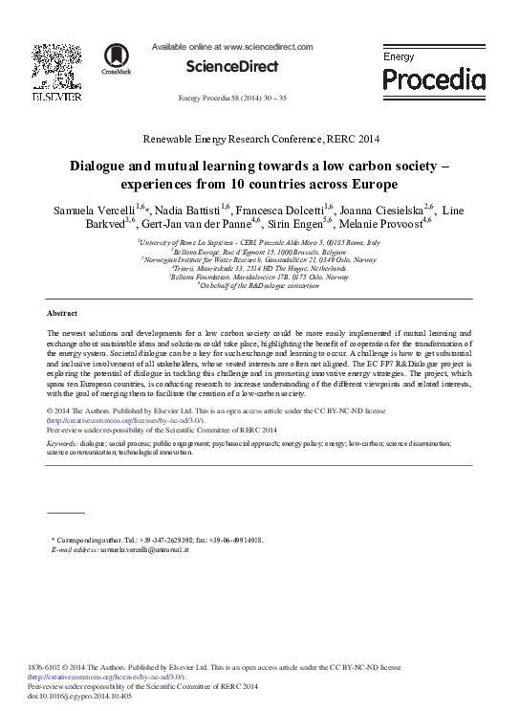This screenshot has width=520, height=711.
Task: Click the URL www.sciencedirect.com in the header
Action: pyautogui.click(x=261, y=45)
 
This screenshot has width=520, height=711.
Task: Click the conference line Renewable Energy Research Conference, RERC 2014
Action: pyautogui.click(x=260, y=138)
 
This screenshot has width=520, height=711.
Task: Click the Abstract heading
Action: pyautogui.click(x=62, y=313)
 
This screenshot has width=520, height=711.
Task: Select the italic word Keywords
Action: pyautogui.click(x=62, y=445)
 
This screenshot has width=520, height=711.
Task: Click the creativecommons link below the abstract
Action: pyautogui.click(x=125, y=419)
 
